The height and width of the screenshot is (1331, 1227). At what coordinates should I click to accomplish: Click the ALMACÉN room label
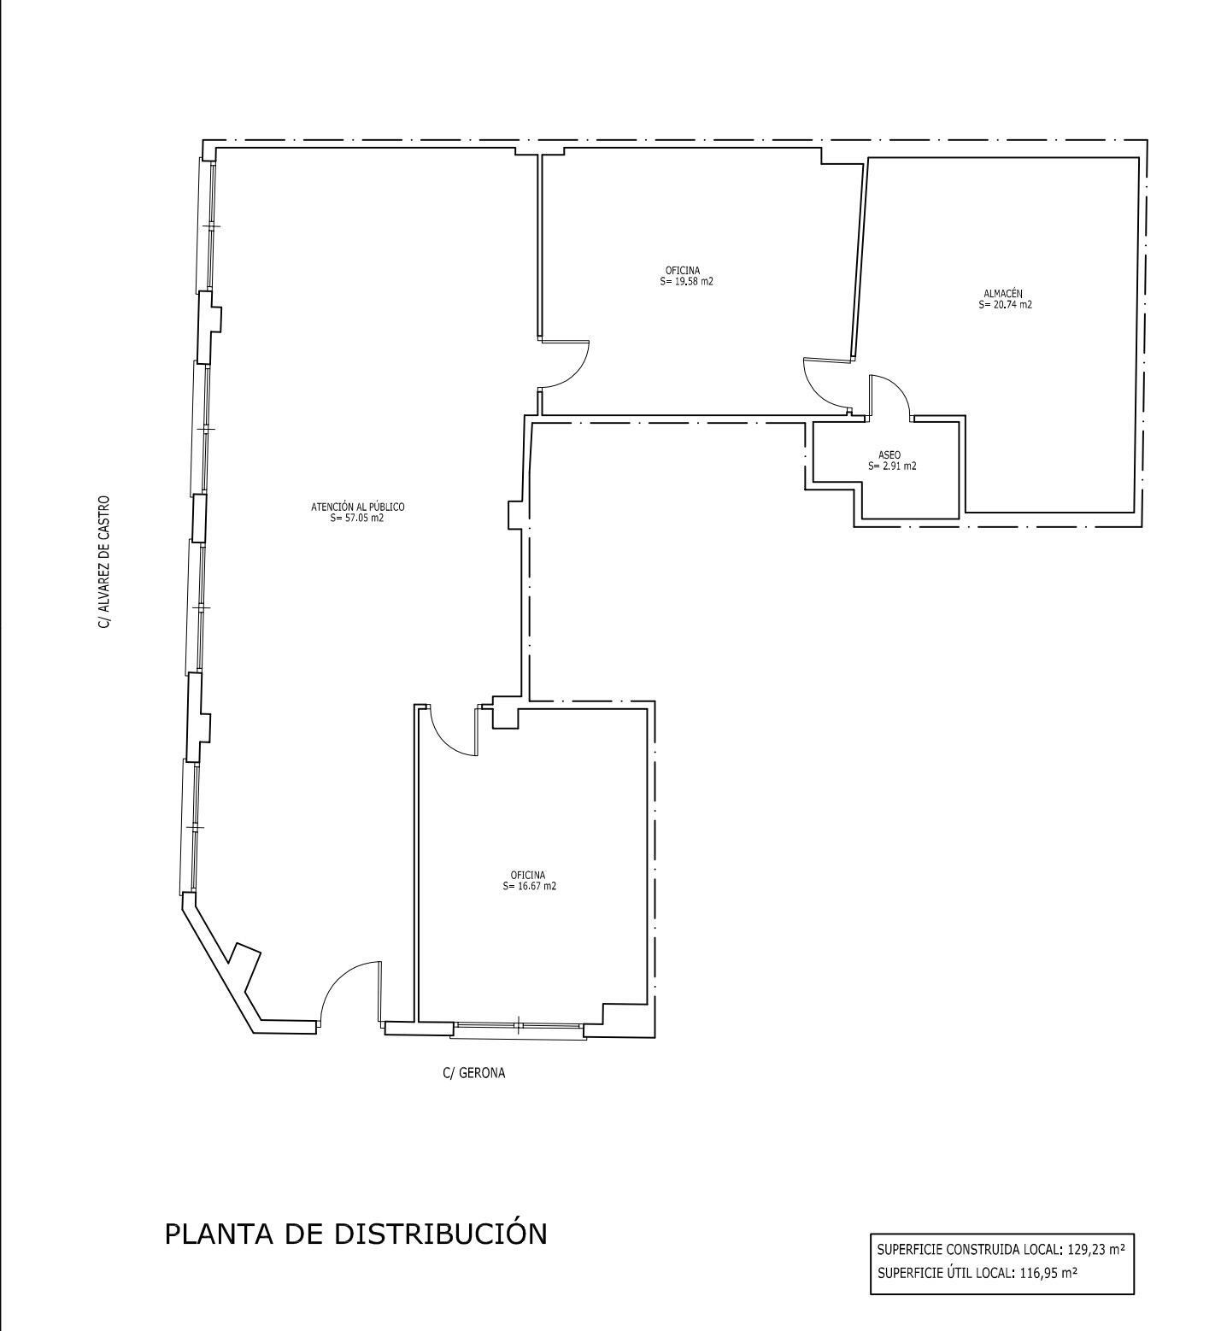pyautogui.click(x=1002, y=293)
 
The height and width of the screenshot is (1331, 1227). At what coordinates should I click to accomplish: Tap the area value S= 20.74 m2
pyautogui.click(x=1005, y=304)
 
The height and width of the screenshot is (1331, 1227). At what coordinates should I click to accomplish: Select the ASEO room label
pyautogui.click(x=889, y=455)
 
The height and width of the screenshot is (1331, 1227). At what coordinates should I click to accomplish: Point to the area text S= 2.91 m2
pyautogui.click(x=892, y=466)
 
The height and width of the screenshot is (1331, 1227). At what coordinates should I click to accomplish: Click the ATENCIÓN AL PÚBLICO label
pyautogui.click(x=357, y=507)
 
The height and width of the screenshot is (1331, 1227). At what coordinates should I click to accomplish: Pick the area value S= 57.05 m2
pyautogui.click(x=356, y=518)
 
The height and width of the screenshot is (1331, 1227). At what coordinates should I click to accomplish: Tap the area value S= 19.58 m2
pyautogui.click(x=686, y=281)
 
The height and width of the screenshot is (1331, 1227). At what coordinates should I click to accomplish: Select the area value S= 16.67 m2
pyautogui.click(x=529, y=886)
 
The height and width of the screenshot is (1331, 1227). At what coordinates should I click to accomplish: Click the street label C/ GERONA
pyautogui.click(x=473, y=1073)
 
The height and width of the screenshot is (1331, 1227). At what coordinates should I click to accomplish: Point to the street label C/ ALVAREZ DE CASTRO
pyautogui.click(x=104, y=562)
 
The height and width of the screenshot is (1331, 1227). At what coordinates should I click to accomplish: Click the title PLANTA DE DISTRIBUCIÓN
pyautogui.click(x=355, y=1234)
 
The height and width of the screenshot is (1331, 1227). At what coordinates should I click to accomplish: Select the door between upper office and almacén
pyautogui.click(x=825, y=384)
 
